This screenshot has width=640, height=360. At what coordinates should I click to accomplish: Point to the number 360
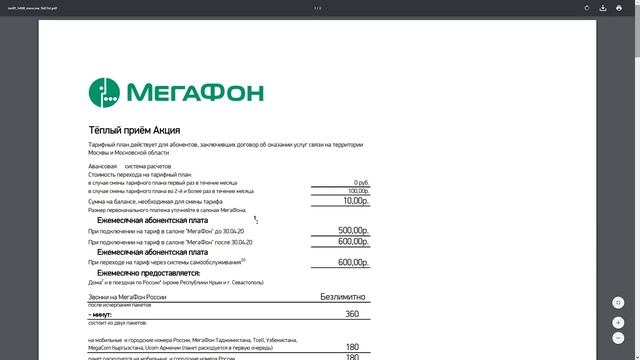coord(351,314)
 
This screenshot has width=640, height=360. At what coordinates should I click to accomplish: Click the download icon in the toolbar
coord(603,8)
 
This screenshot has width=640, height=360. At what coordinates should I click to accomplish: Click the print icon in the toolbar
coord(620,8)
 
